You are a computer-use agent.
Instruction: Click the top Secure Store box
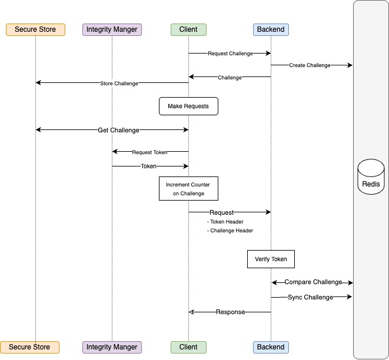[x=35, y=29]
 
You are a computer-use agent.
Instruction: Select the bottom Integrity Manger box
[x=112, y=347]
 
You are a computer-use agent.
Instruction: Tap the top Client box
[x=188, y=29]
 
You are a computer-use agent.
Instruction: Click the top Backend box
[x=271, y=29]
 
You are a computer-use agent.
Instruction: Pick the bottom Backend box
[x=271, y=347]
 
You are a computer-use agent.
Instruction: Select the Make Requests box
[x=188, y=106]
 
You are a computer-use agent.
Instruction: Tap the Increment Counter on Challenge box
[x=188, y=189]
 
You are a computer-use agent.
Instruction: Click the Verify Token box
[x=271, y=259]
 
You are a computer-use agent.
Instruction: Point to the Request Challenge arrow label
[x=230, y=54]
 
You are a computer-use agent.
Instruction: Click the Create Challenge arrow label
[x=310, y=65]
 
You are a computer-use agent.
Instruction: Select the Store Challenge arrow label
[x=119, y=84]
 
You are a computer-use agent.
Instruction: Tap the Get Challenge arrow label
[x=118, y=130]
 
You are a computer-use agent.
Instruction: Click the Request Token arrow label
[x=149, y=152]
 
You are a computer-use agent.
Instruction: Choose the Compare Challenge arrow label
[x=312, y=283]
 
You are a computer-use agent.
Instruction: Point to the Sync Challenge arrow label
[x=310, y=298]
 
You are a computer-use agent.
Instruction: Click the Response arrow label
[x=230, y=312]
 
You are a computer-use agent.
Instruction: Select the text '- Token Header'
[x=225, y=222]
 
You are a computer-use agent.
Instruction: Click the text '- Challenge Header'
[x=230, y=231]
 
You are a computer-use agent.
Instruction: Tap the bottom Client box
[x=188, y=347]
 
